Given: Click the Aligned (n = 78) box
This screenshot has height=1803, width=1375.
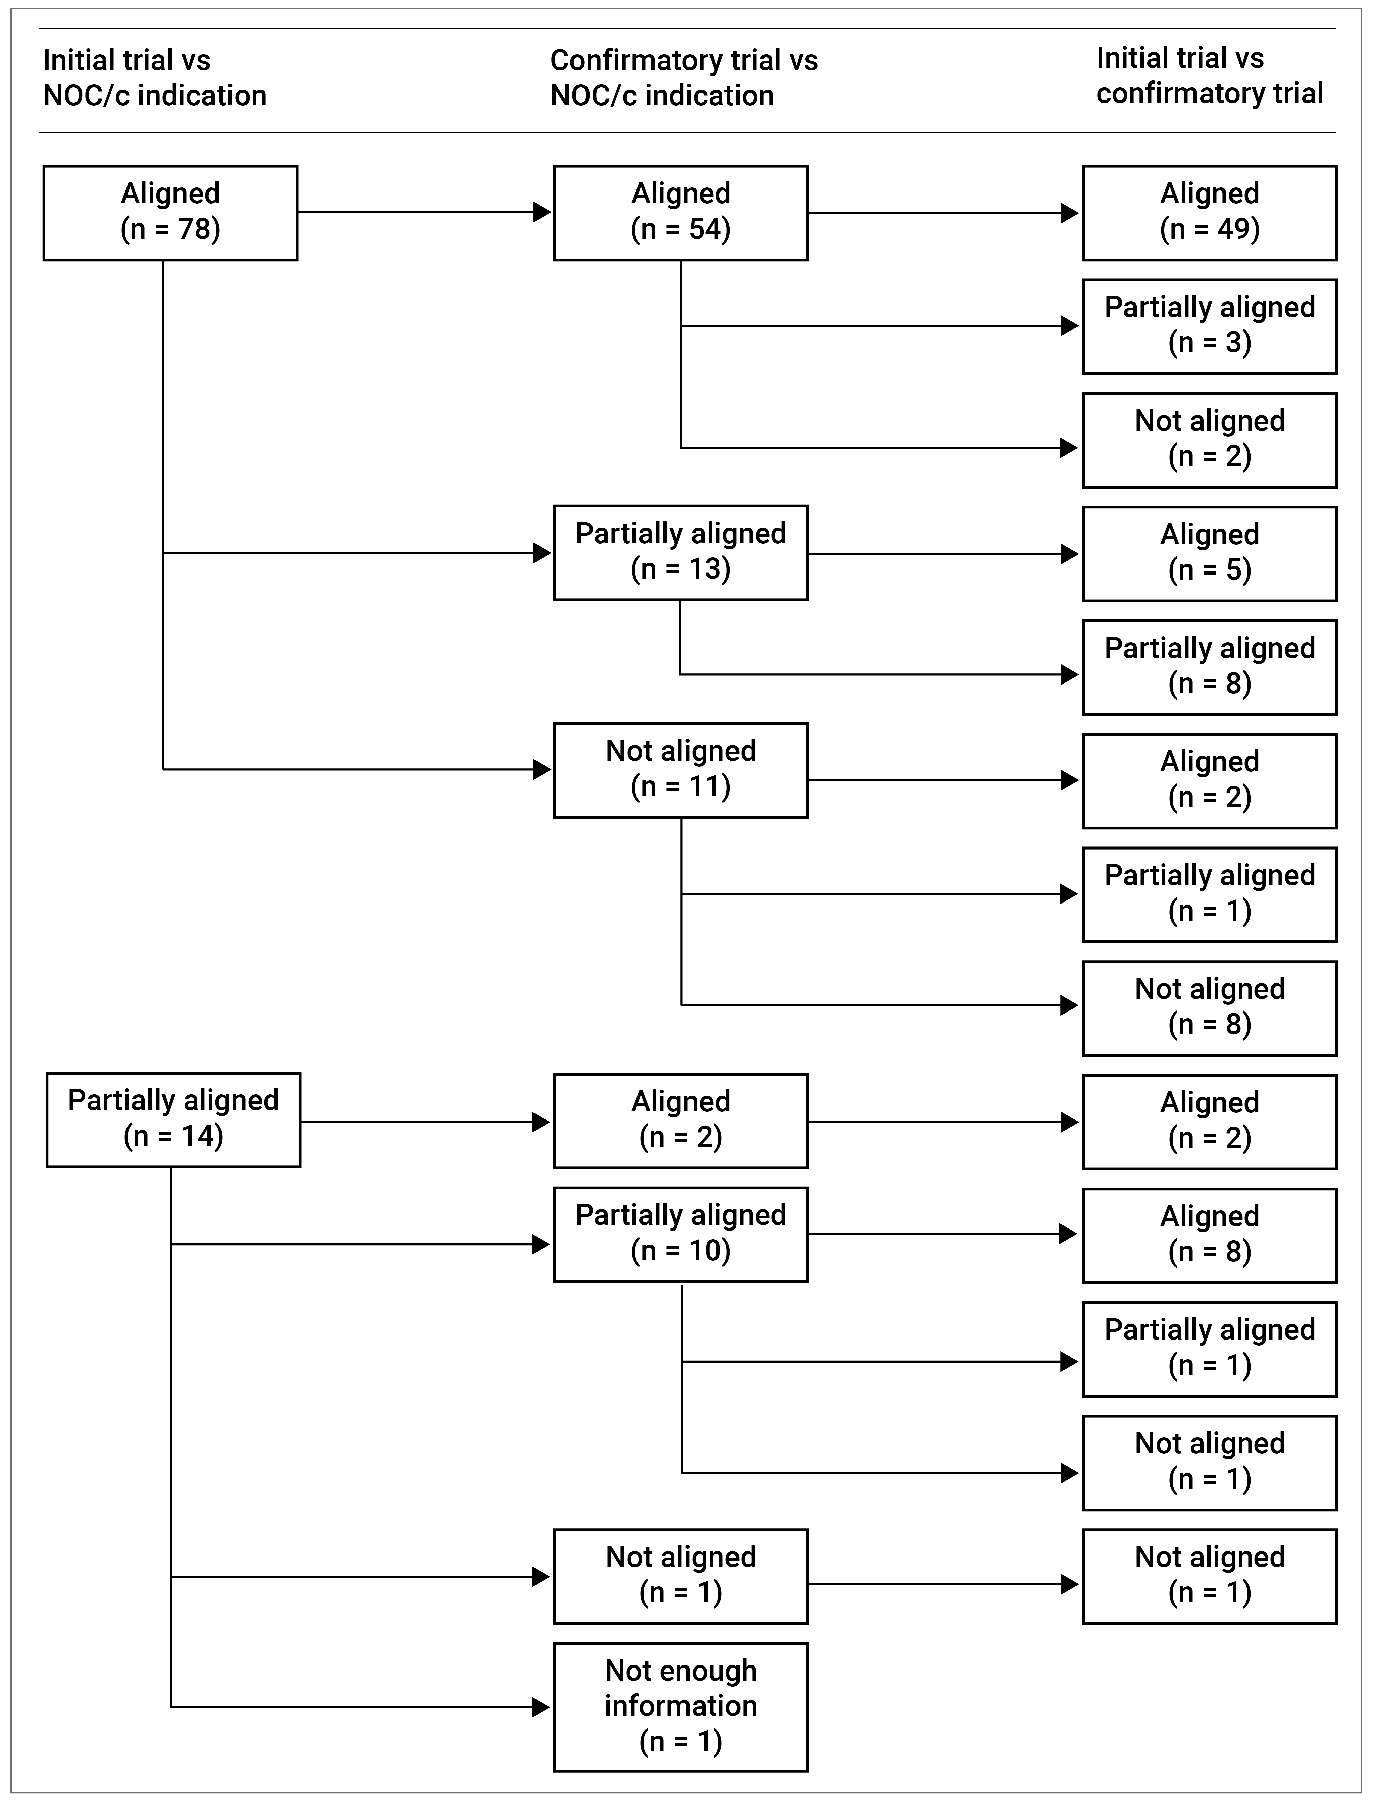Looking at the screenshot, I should pos(170,213).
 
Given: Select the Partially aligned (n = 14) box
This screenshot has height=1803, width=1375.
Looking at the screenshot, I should pos(173,1119).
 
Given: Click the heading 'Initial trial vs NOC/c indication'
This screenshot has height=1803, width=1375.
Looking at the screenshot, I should pos(155,78).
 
